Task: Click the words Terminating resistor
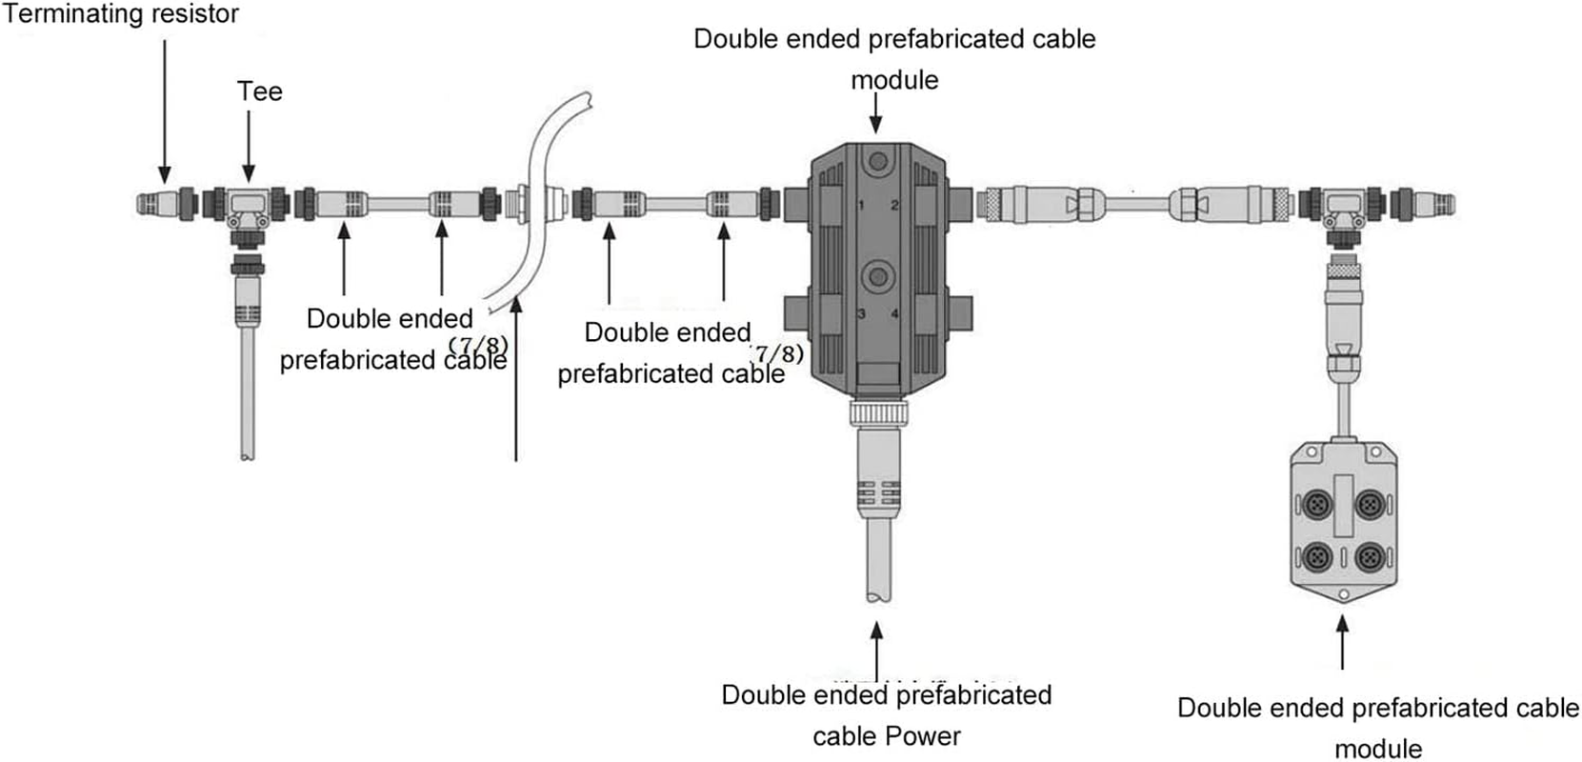(x=120, y=14)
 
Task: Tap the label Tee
(x=259, y=91)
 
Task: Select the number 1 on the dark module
(x=861, y=206)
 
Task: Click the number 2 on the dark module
(x=894, y=206)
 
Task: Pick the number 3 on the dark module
(x=861, y=313)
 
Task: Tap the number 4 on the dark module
(x=894, y=313)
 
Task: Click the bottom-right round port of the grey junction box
(x=1370, y=555)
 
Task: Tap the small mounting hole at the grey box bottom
(x=1343, y=595)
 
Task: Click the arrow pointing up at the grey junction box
(x=1343, y=642)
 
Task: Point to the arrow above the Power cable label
(x=876, y=652)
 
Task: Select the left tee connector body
(x=249, y=205)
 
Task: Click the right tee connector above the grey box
(x=1343, y=205)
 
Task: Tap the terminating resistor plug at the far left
(x=157, y=204)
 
